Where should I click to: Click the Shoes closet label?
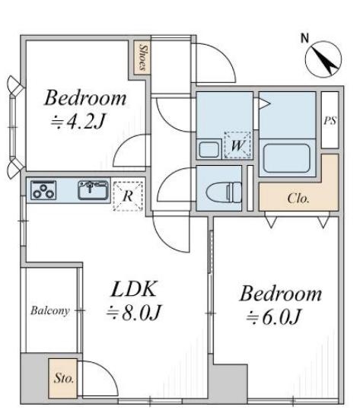point(142,57)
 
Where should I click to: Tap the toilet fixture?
point(224,192)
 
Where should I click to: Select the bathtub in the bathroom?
point(286,158)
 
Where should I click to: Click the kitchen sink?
point(93,190)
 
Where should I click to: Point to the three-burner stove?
point(43,190)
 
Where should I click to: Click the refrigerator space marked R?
point(128,196)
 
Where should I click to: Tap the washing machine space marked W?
point(237,145)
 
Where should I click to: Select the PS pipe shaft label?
point(330,120)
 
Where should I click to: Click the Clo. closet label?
point(298,199)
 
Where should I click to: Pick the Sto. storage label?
point(64,378)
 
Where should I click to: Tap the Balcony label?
point(50,310)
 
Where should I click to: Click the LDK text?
point(134,289)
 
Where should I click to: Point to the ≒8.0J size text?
point(133,313)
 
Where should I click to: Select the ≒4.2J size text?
point(78,122)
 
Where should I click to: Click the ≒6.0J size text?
point(273,317)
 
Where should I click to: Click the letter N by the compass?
point(304,39)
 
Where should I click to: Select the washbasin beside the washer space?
point(209,150)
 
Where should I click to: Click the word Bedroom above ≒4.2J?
point(85,98)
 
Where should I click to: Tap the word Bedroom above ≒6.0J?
point(280,294)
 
